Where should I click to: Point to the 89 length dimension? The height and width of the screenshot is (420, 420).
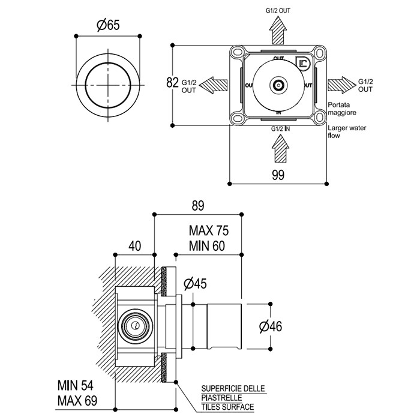198,205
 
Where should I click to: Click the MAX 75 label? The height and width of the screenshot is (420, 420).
209,231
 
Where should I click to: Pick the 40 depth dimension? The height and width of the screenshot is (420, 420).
134,245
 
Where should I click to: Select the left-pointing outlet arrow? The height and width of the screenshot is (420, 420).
214,85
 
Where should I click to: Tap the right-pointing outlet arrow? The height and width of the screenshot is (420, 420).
341,85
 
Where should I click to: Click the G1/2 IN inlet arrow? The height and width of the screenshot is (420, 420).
278,148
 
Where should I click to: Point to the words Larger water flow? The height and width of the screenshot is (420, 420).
343,131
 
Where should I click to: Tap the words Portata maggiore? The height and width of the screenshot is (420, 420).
343,108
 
